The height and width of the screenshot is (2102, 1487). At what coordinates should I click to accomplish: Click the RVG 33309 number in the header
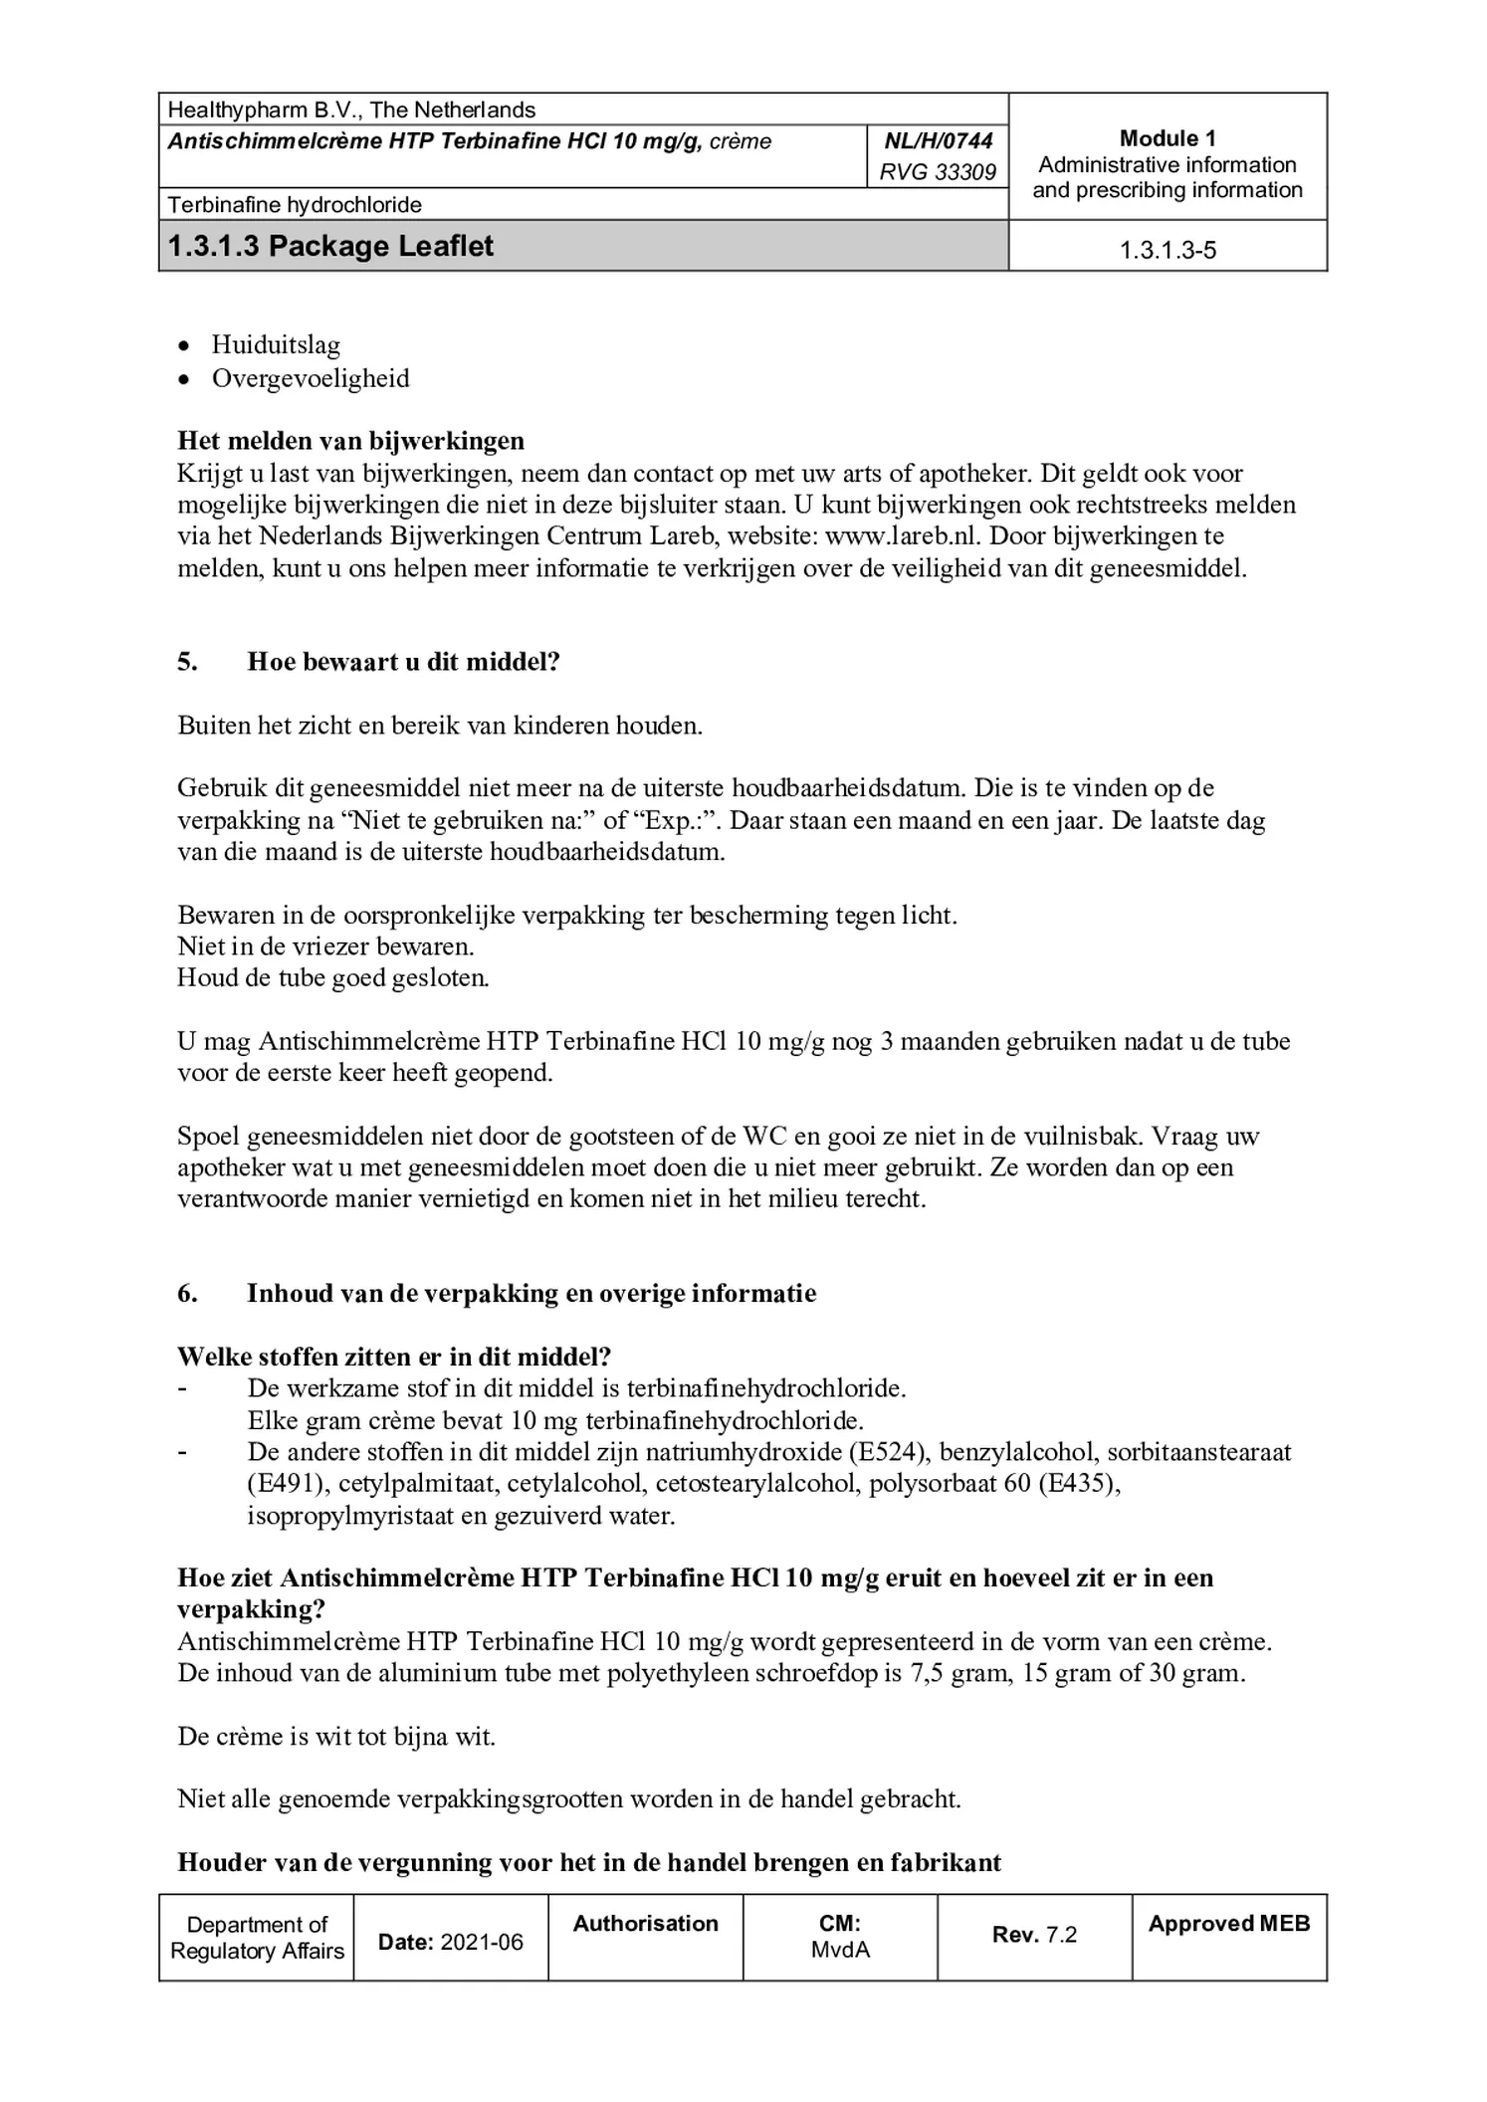(938, 172)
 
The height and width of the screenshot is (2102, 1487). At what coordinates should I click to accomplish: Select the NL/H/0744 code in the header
(938, 141)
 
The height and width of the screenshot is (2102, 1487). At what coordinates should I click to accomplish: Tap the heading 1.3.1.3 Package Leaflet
(330, 246)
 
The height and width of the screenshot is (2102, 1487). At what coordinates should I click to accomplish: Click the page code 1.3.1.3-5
(1168, 250)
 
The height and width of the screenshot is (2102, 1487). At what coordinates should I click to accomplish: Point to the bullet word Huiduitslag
(276, 345)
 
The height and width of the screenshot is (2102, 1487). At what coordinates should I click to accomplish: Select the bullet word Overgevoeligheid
(311, 378)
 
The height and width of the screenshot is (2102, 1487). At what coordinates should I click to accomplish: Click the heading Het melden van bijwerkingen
(350, 440)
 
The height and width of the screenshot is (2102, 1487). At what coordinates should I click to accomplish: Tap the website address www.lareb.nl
(904, 536)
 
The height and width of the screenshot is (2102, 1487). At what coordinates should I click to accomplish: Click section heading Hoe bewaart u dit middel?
(403, 662)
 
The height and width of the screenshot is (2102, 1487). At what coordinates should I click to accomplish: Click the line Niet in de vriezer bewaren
(325, 946)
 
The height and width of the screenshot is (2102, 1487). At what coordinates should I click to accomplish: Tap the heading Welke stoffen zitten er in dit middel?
(394, 1357)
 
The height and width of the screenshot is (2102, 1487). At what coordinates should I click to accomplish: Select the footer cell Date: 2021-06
(450, 1942)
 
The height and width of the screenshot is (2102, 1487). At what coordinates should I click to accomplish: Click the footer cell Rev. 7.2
(1034, 1934)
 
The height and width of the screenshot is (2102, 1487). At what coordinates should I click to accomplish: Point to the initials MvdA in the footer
(840, 1950)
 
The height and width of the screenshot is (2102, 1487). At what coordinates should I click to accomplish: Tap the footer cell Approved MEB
(1229, 1924)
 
